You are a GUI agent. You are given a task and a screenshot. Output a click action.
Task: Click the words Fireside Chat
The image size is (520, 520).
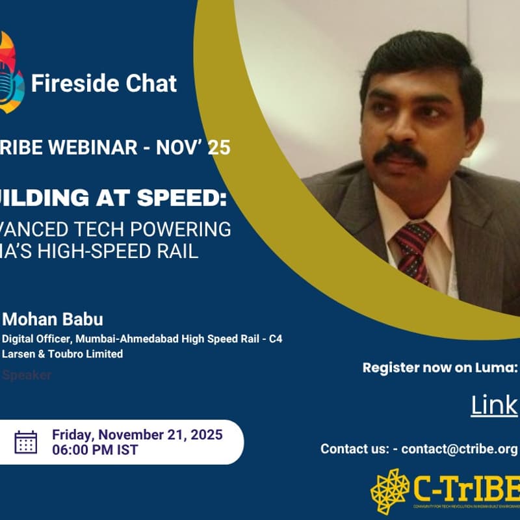(104, 83)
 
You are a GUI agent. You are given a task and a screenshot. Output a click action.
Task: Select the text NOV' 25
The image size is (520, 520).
(195, 148)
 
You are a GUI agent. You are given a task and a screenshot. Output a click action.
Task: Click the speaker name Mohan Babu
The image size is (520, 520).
(53, 320)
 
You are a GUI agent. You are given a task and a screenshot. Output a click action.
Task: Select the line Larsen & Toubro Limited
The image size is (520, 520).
(62, 354)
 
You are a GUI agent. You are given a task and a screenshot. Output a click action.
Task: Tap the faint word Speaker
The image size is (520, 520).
(27, 375)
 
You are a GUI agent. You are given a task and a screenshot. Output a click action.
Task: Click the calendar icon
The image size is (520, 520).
(26, 442)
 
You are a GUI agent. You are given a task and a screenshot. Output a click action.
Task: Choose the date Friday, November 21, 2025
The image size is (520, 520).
(137, 435)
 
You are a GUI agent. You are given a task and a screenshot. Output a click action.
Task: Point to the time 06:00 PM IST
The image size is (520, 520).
(95, 450)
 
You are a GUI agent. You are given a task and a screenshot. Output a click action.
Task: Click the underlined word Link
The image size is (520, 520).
(494, 406)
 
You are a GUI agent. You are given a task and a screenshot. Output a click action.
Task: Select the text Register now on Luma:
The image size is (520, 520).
(439, 368)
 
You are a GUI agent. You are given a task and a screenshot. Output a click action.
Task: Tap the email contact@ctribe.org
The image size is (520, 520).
(459, 449)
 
